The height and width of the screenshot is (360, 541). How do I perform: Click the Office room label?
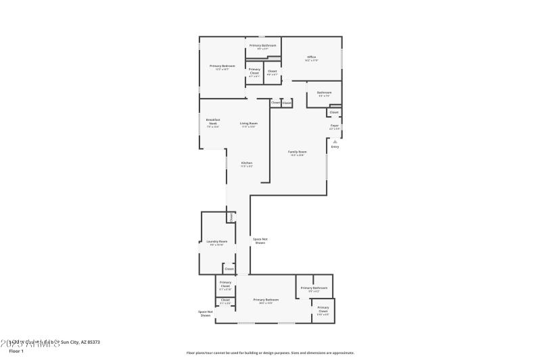click(312, 58)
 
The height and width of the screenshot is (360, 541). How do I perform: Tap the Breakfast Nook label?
click(213, 123)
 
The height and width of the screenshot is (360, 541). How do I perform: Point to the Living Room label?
click(248, 124)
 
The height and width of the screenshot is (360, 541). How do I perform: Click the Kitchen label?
click(248, 164)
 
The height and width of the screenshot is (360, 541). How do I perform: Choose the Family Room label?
click(298, 153)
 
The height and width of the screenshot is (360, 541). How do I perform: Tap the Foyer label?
click(334, 126)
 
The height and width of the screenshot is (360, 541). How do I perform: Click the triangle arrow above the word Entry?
click(335, 140)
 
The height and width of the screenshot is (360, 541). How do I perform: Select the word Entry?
click(335, 147)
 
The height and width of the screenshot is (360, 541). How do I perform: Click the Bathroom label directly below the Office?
click(325, 93)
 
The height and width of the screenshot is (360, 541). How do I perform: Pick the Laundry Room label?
click(216, 242)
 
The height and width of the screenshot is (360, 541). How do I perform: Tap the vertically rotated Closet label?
click(231, 217)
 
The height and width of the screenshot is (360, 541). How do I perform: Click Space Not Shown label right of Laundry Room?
click(260, 240)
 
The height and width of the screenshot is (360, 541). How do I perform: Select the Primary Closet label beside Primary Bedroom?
click(254, 72)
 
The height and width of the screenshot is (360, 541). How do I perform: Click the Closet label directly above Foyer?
click(334, 112)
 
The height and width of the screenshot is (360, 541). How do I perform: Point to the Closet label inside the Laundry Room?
click(229, 269)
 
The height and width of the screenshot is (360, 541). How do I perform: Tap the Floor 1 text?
click(16, 351)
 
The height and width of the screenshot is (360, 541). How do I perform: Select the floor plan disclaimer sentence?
click(270, 353)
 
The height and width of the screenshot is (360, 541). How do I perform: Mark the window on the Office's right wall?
click(342, 58)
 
